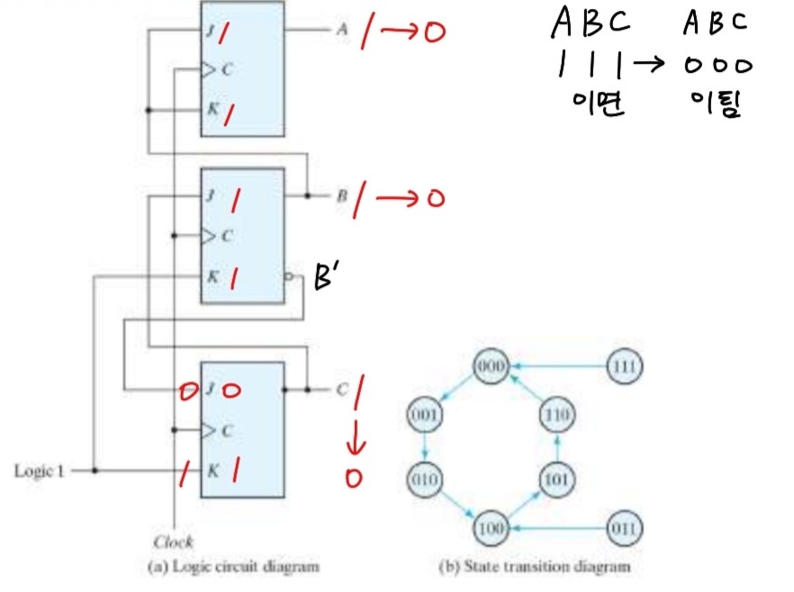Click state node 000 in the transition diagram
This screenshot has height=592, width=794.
[x=492, y=366]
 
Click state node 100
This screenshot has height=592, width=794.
[x=492, y=526]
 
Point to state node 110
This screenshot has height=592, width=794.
[x=557, y=417]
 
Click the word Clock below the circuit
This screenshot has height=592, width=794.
[x=173, y=542]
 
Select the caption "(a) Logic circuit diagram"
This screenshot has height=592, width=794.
[x=233, y=567]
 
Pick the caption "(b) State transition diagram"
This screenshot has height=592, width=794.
[x=534, y=567]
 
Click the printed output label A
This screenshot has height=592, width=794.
[x=342, y=29]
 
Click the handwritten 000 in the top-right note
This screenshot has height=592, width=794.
[x=716, y=67]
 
